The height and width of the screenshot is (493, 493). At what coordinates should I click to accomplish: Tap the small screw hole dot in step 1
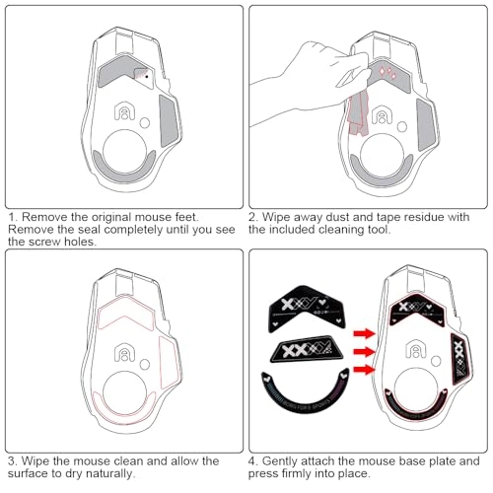[148, 74]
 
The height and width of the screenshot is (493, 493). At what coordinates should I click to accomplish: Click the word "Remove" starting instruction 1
[45, 215]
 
